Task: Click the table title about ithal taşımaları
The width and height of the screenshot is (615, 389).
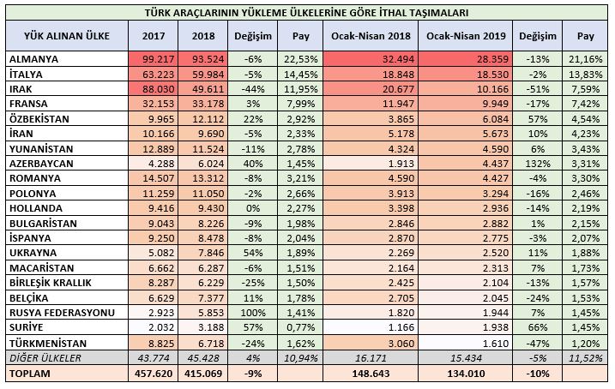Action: click(x=308, y=13)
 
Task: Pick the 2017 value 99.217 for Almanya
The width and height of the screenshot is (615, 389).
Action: click(x=150, y=60)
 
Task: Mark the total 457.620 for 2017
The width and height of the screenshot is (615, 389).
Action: click(x=150, y=374)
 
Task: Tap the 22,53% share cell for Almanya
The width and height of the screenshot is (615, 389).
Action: click(x=299, y=60)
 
